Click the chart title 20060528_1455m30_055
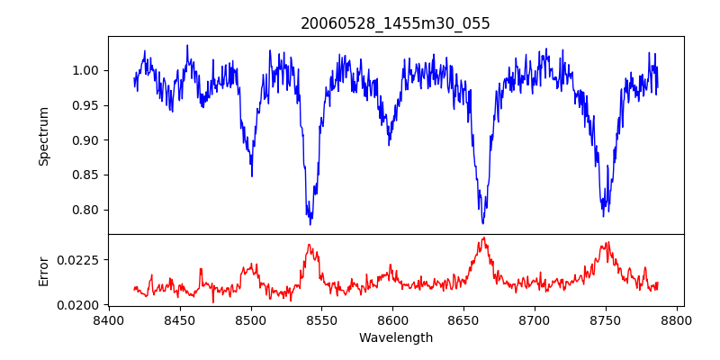tap(395, 23)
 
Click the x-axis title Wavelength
tap(395, 337)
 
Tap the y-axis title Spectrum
tap(43, 136)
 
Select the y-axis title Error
tap(43, 271)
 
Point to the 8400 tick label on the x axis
tap(108, 319)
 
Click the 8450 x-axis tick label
tap(179, 319)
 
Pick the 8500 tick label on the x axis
tap(250, 319)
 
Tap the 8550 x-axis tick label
tap(321, 319)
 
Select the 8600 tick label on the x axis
tap(392, 319)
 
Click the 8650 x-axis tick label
tap(463, 319)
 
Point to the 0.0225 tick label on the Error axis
tap(80, 259)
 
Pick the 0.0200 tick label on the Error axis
tap(80, 305)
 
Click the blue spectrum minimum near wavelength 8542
tap(310, 222)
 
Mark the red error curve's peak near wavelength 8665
tap(484, 238)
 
